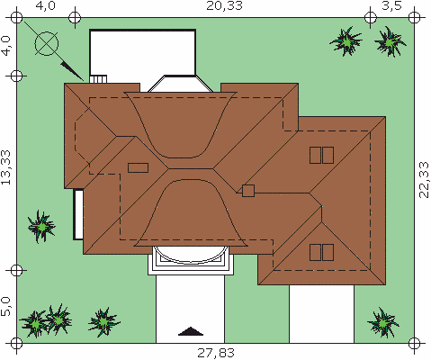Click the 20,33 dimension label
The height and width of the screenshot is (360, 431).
pyautogui.click(x=224, y=6)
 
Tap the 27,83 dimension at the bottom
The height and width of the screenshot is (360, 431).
pyautogui.click(x=216, y=353)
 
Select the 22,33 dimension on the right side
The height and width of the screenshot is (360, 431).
pyautogui.click(x=424, y=179)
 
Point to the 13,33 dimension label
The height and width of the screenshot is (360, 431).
pyautogui.click(x=5, y=167)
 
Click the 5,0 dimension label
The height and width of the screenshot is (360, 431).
pyautogui.click(x=5, y=306)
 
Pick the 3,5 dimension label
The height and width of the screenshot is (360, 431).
pyautogui.click(x=391, y=6)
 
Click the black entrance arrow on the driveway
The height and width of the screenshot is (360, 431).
pyautogui.click(x=191, y=331)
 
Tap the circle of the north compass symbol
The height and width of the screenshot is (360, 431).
pyautogui.click(x=47, y=44)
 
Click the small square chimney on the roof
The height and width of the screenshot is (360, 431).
pyautogui.click(x=248, y=191)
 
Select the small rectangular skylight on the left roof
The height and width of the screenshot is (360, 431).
pyautogui.click(x=138, y=167)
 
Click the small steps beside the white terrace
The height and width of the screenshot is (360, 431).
pyautogui.click(x=98, y=79)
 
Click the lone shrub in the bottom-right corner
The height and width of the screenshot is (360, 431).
pyautogui.click(x=383, y=323)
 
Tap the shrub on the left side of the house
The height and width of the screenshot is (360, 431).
pyautogui.click(x=41, y=227)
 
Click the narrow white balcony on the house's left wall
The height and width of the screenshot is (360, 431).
pyautogui.click(x=78, y=214)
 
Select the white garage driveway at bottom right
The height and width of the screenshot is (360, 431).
pyautogui.click(x=321, y=314)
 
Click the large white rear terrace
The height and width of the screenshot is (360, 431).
pyautogui.click(x=143, y=52)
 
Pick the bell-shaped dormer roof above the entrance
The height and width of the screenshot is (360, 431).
pyautogui.click(x=191, y=213)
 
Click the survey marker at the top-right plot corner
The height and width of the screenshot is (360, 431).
pyautogui.click(x=414, y=17)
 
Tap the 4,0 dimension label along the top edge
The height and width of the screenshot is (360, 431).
pyautogui.click(x=45, y=6)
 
